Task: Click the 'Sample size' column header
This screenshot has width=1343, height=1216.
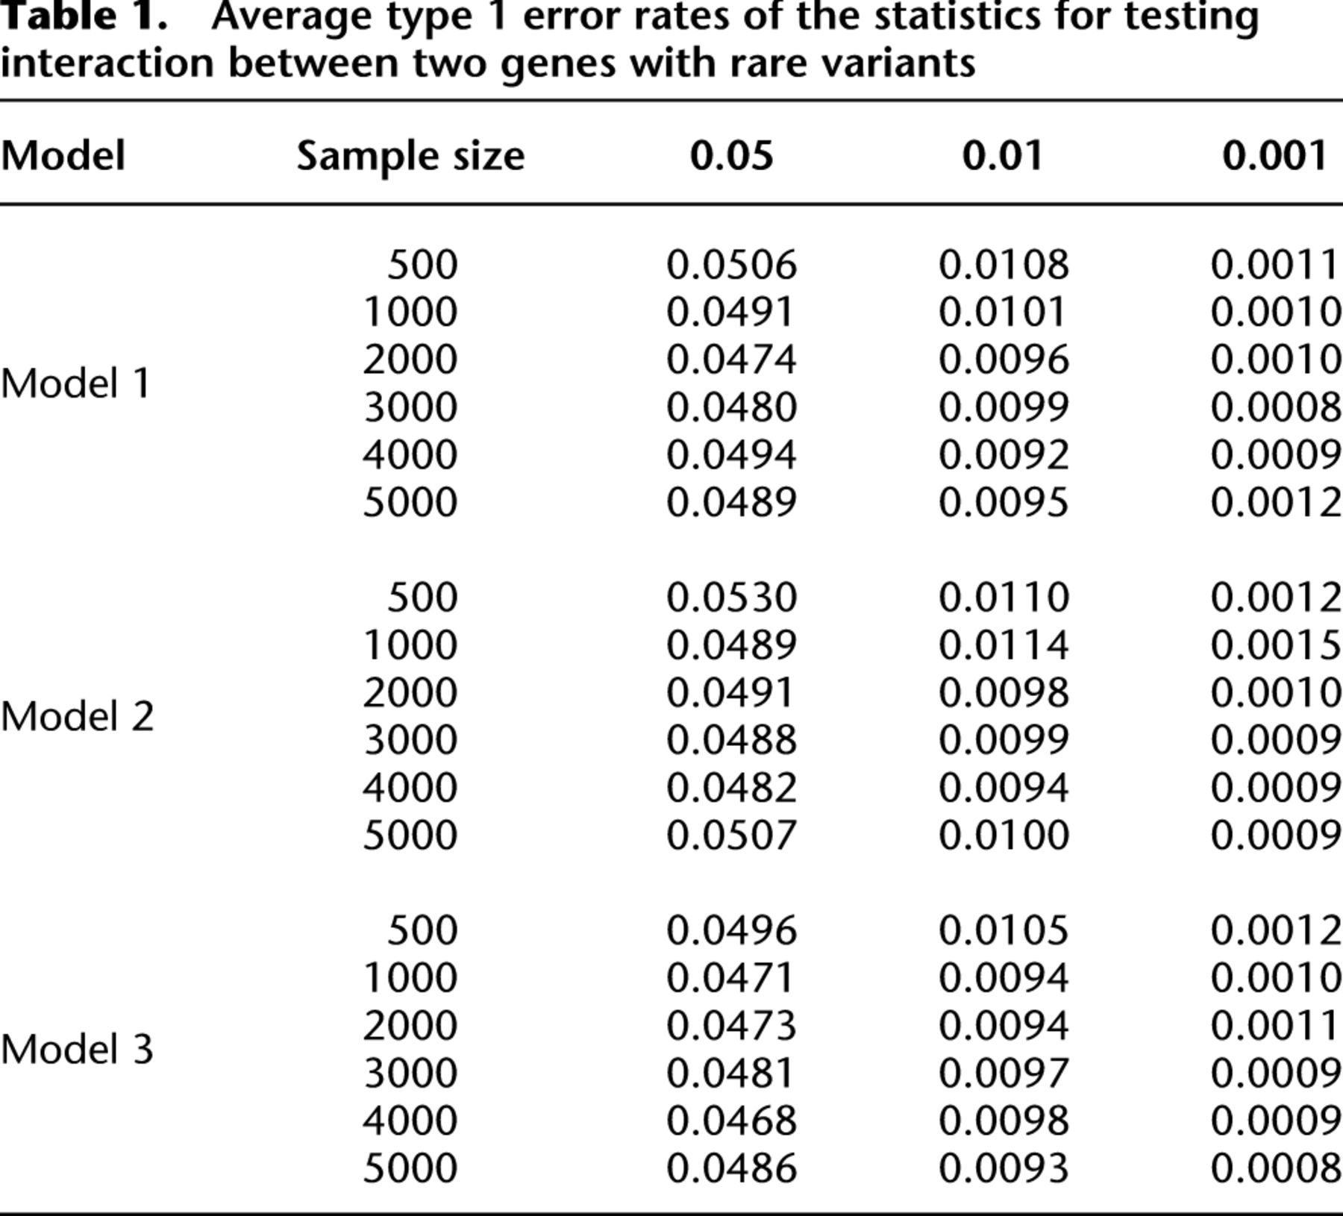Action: pos(410,157)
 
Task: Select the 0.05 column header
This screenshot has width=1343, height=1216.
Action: pos(731,156)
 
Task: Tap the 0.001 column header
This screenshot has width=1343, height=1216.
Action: pos(1275,156)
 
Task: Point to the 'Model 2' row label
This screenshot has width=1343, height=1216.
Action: pos(77,716)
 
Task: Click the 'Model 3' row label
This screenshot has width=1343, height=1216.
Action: pos(77,1049)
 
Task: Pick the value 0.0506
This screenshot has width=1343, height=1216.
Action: pos(731,265)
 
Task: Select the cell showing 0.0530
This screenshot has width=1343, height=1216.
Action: pos(731,598)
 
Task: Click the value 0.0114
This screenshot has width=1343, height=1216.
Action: pos(1004,645)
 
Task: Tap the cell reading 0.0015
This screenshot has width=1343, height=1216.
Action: pos(1276,645)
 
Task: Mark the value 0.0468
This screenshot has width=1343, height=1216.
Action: pos(731,1121)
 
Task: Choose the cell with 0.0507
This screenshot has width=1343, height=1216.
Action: pos(731,836)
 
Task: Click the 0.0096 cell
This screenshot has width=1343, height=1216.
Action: pos(1004,360)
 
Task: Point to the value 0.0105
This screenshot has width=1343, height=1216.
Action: pos(1004,930)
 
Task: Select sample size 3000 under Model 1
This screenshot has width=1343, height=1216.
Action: pos(410,407)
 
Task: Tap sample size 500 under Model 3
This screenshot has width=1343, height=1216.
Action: pos(422,930)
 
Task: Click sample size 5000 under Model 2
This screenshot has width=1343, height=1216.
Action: pos(410,836)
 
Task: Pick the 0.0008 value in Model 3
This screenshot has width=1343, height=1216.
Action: pos(1276,1168)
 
